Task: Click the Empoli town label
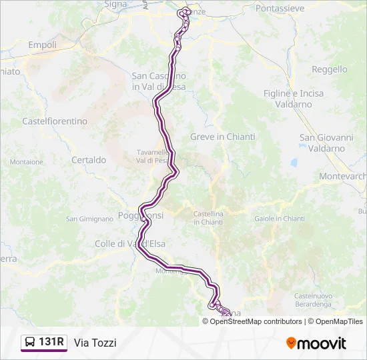click(42, 45)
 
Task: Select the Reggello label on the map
click(330, 69)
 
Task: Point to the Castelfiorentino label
click(55, 121)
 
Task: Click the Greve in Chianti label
click(222, 137)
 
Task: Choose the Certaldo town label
click(89, 160)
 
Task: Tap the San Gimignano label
click(89, 219)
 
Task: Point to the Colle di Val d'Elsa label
click(130, 244)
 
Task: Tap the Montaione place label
click(27, 162)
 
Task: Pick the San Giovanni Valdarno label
click(326, 143)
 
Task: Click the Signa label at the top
click(115, 4)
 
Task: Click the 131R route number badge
click(51, 343)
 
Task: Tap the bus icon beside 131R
click(30, 343)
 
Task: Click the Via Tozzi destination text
click(95, 343)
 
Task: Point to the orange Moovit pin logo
click(291, 343)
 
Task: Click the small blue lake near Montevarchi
click(294, 162)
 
